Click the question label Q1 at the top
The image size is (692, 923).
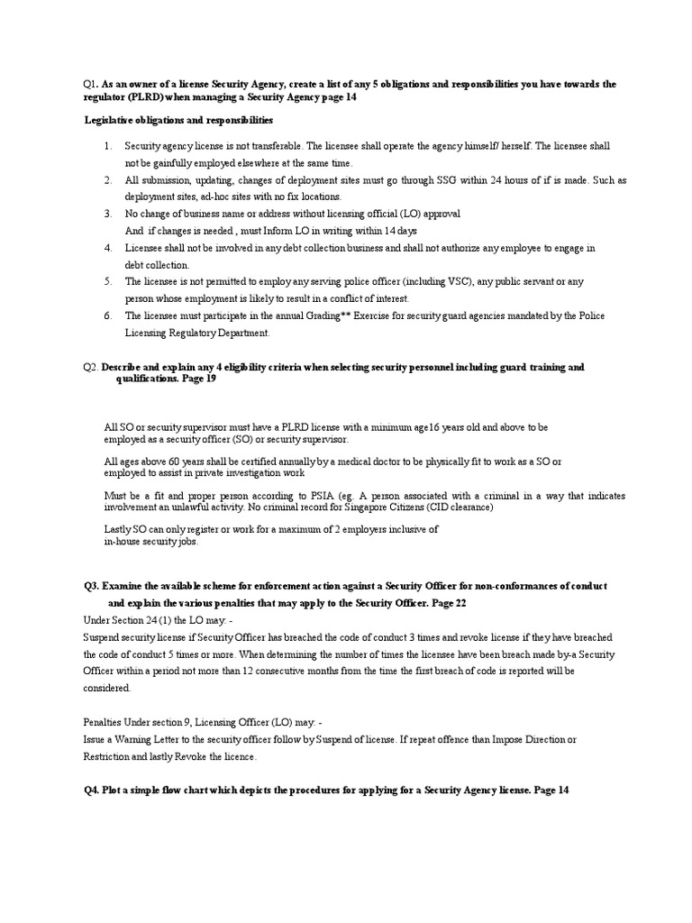[89, 84]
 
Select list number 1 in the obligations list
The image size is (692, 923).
[106, 145]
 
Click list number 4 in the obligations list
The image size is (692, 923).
[106, 247]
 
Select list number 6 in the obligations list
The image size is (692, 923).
[106, 315]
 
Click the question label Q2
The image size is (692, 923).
[90, 367]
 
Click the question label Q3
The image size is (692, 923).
[91, 585]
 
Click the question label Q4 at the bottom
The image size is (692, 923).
[91, 790]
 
